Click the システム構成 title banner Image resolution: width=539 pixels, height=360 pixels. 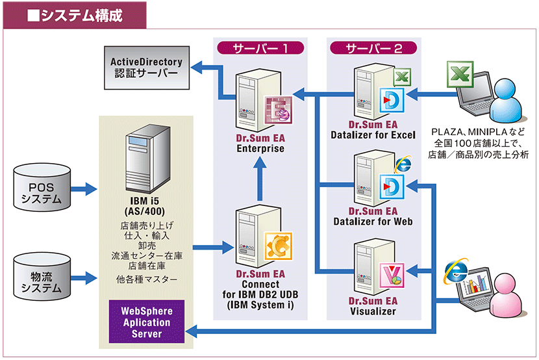(74, 15)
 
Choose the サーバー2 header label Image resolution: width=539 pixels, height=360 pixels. (373, 47)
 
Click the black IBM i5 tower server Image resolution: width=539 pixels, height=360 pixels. (145, 159)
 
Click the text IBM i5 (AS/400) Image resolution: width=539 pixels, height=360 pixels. (146, 207)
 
